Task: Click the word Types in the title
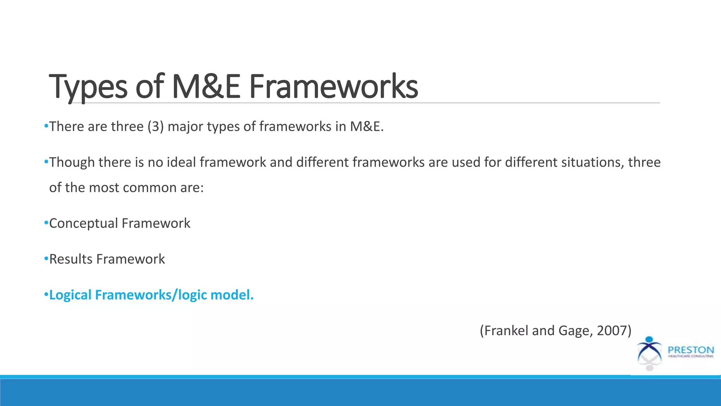(88, 87)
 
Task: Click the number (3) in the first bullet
(156, 127)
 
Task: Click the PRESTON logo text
(691, 350)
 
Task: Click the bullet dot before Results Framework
(46, 259)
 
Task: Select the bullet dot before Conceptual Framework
(46, 223)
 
